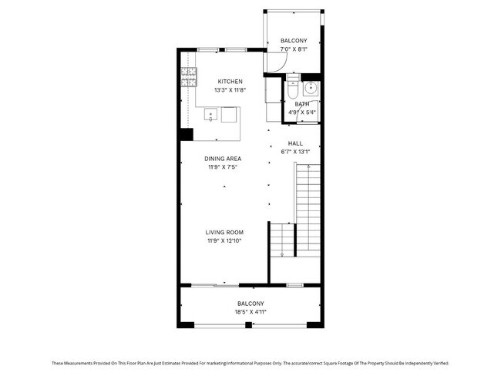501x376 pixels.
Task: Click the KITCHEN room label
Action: pos(230,82)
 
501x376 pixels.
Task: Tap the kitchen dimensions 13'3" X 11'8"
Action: pos(230,90)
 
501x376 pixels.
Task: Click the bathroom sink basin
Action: pos(310,86)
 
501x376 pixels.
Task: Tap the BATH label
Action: pos(301,104)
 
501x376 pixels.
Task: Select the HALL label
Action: pos(295,143)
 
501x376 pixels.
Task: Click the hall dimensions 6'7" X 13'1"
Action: pos(295,152)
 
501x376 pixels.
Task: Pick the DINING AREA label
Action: pos(224,159)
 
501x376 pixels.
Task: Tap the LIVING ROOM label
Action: pos(224,233)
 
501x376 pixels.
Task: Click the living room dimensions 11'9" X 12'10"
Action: pos(224,241)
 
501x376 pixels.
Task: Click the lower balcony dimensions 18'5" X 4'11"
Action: pos(251,312)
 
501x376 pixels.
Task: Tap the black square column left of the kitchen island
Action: pos(186,135)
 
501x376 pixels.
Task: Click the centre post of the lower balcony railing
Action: pos(249,326)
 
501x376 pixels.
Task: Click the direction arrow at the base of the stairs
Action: pos(283,253)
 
